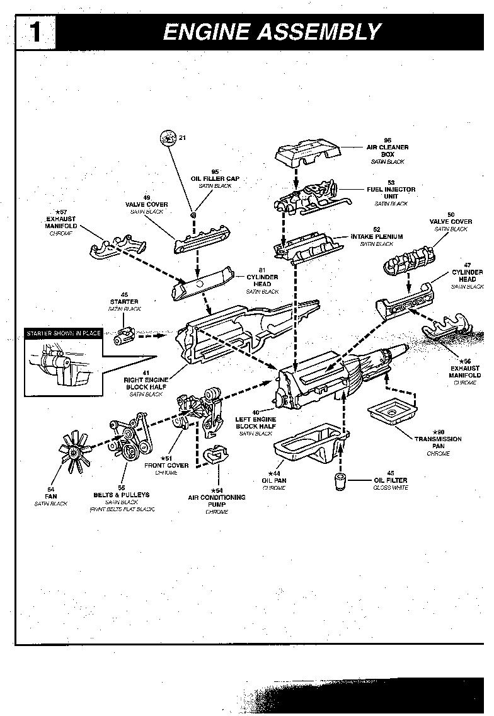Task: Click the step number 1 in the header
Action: click(35, 32)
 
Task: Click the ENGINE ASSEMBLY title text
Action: click(272, 32)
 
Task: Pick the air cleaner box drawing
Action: click(307, 154)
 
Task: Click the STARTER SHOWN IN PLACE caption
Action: click(63, 333)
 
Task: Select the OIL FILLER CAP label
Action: click(215, 178)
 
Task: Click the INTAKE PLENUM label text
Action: click(377, 237)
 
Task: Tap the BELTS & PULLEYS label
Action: click(121, 495)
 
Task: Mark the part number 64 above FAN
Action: click(50, 488)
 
